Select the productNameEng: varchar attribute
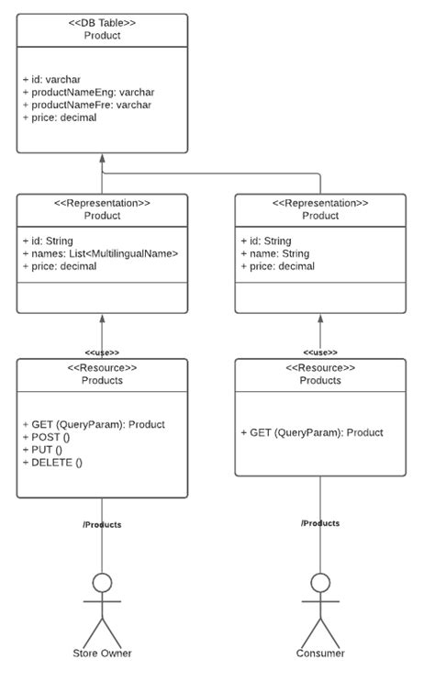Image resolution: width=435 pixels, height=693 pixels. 88,93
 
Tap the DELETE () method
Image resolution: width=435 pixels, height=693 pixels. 52,463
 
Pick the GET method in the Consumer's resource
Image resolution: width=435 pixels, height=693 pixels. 311,432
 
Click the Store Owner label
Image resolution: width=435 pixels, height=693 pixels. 102,654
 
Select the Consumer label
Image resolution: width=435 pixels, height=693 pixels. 320,654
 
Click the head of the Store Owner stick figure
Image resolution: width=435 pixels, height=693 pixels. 102,583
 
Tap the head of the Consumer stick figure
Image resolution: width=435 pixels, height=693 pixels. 320,583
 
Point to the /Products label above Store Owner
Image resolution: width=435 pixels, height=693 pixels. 102,525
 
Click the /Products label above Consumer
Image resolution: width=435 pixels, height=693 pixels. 320,523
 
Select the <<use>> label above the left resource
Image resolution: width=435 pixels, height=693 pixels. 102,352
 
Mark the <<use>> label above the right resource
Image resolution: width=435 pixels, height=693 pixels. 320,352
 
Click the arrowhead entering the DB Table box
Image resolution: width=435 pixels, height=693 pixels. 102,158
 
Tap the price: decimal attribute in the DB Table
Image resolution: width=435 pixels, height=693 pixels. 60,117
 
